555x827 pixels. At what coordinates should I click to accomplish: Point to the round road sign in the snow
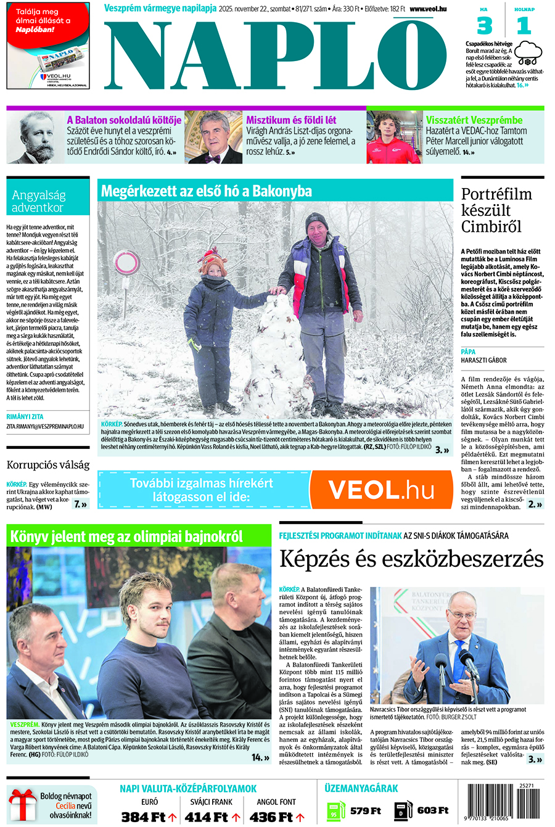click(126, 263)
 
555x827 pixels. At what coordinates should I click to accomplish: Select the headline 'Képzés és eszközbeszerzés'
click(411, 559)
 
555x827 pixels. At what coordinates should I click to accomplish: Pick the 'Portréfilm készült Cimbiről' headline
click(496, 210)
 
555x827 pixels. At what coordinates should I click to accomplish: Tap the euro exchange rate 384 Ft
click(143, 817)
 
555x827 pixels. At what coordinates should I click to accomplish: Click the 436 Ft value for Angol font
click(271, 817)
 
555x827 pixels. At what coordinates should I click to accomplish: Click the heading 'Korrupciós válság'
click(48, 464)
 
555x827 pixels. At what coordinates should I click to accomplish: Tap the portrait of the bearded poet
click(36, 138)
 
